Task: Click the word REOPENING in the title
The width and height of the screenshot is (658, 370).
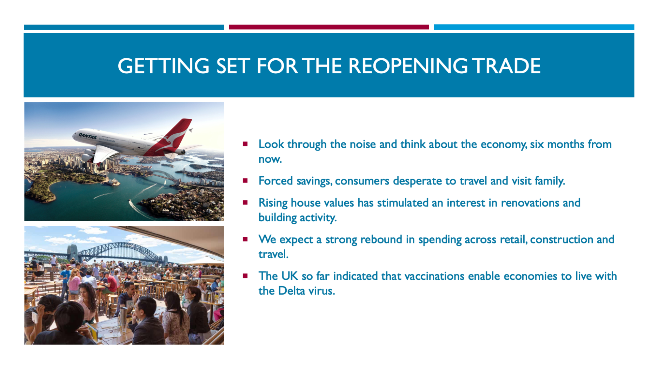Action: pyautogui.click(x=407, y=66)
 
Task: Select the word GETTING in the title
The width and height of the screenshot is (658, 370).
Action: pyautogui.click(x=163, y=66)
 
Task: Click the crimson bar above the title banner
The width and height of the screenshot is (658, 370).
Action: pyautogui.click(x=329, y=27)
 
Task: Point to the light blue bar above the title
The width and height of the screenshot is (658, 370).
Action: pyautogui.click(x=534, y=27)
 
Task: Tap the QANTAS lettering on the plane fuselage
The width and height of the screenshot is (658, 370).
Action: pyautogui.click(x=87, y=136)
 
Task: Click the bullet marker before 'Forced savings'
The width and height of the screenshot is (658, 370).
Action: pyautogui.click(x=245, y=181)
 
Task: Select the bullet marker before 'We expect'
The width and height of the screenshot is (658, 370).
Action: pyautogui.click(x=245, y=239)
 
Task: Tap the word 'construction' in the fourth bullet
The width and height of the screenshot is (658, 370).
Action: pyautogui.click(x=561, y=239)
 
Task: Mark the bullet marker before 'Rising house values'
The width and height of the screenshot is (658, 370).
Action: pyautogui.click(x=245, y=202)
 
